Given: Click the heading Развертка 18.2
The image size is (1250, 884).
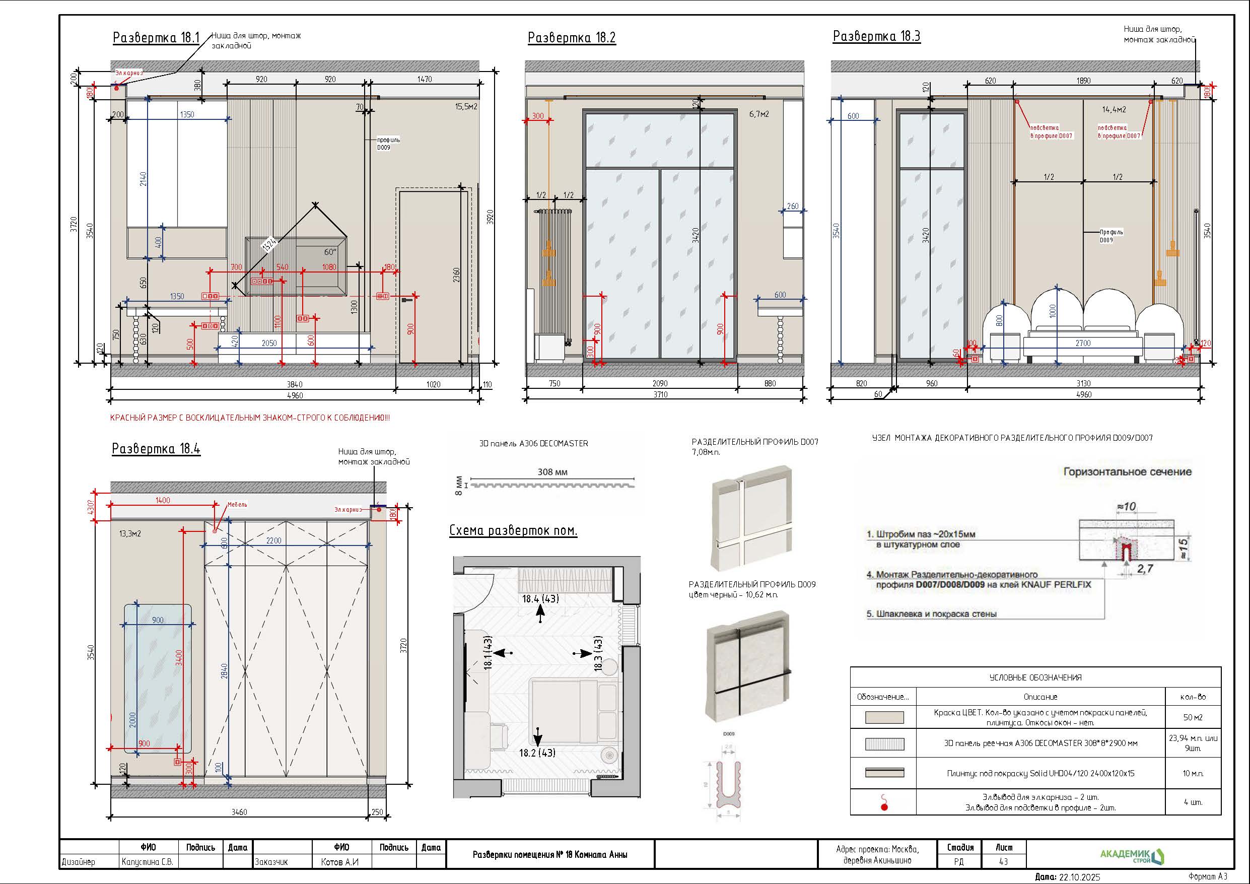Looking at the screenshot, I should pos(572,38).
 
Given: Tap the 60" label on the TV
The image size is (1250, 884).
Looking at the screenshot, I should pos(330,252).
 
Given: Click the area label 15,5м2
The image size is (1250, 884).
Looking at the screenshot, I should pos(466,107).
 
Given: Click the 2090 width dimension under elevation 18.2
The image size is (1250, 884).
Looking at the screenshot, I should pos(660,383).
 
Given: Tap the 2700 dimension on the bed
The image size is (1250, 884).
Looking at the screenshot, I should pos(1083,343).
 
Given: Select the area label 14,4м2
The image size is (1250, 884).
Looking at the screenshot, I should pos(1114,109).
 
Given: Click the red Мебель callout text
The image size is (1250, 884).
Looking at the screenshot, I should pos(237,504).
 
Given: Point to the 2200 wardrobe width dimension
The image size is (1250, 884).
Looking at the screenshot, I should pos(273,540).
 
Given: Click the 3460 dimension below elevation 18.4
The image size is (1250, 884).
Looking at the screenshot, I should pos(239,812).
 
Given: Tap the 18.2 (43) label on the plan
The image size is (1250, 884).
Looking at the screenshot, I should pos(537,753).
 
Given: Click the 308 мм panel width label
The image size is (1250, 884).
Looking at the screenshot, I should pos(552,471).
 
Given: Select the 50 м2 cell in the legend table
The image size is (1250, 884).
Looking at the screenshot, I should pos(1192,717).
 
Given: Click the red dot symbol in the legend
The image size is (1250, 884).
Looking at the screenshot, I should pos(884,806).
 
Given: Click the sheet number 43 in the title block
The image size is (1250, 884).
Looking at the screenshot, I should pos(1003,862).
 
